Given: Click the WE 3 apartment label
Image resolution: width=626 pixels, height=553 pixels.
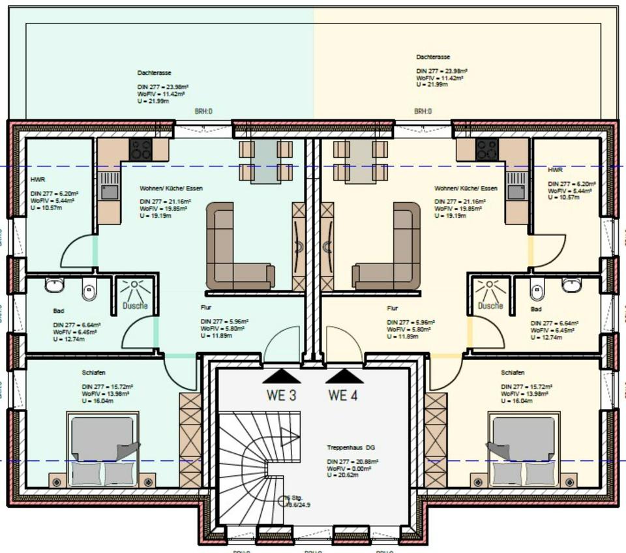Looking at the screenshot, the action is point(281,395).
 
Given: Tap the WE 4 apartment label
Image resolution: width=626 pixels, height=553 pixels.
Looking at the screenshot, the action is point(344,395).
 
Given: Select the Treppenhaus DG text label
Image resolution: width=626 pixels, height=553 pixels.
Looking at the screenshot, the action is point(351,448).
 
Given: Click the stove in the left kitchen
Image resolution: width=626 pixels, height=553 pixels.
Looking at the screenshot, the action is point(140,150).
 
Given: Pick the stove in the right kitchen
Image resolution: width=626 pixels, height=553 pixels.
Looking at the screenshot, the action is point(486,150).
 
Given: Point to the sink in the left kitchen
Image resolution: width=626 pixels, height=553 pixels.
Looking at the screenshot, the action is point(110,191).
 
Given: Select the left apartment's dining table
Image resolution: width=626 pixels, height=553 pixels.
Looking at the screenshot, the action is point(265,160).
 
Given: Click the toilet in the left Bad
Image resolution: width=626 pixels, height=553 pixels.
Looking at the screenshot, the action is point(89,290).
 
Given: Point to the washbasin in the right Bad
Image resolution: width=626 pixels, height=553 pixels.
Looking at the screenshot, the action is point(572,285).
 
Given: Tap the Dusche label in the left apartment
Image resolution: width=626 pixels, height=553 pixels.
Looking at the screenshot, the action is point(136,305).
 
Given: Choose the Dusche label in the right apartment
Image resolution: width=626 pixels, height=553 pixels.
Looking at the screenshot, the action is point(490,305).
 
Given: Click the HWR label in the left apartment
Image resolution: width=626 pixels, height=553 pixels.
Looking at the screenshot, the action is point(37,178).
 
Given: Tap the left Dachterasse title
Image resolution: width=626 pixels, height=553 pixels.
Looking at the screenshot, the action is point(155,73).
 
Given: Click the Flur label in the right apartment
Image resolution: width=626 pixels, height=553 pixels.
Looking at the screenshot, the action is point(392,308).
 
